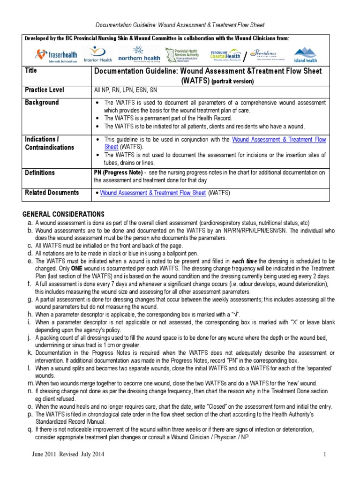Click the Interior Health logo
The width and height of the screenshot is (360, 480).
(97, 54)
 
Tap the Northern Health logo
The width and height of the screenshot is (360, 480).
(139, 54)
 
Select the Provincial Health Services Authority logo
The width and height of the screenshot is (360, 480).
(183, 54)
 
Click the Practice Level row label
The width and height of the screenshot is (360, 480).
(45, 90)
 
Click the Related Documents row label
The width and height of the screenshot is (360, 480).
(52, 193)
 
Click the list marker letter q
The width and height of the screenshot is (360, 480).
(29, 429)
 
